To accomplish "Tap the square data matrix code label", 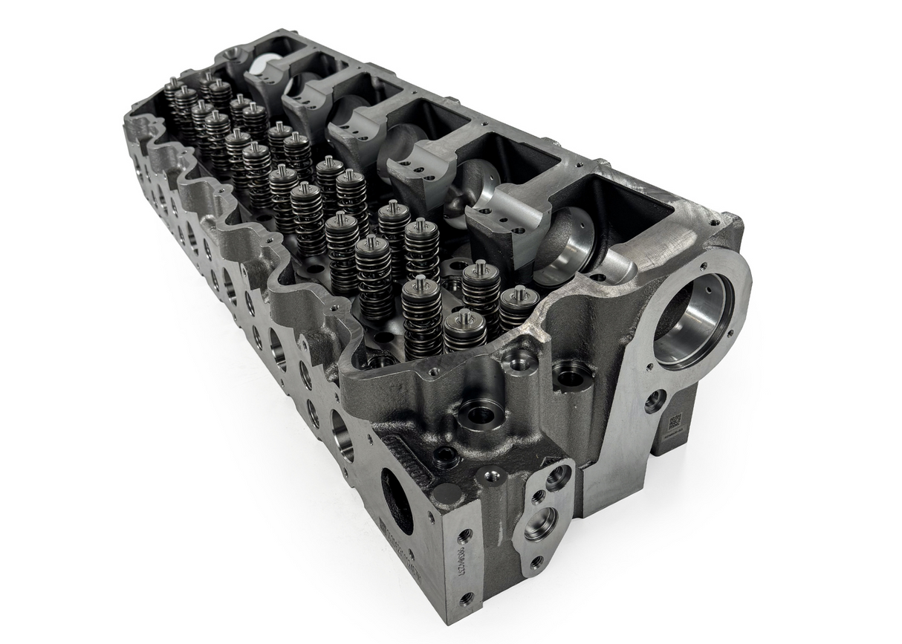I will tap(675, 423).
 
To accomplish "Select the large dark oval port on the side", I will tap(397, 501).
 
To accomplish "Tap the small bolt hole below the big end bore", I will tap(655, 400).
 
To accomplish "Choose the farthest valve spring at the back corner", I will tap(173, 93).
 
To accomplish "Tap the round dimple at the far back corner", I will tap(233, 53).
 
